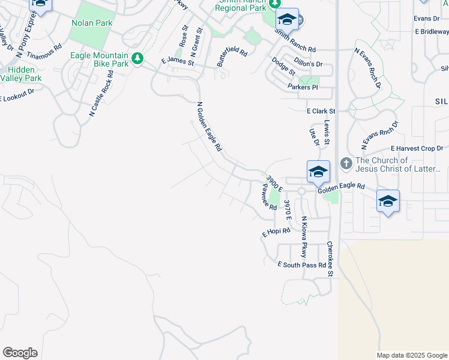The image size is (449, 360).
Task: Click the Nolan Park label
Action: [92, 23]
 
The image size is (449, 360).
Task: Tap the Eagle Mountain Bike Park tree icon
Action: [138, 58]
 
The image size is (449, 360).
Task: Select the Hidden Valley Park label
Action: [22, 74]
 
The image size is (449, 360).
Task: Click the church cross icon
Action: [346, 163]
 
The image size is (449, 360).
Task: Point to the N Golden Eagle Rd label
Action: [209, 126]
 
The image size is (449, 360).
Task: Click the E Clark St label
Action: [321, 111]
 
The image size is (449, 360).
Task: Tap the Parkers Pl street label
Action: [302, 87]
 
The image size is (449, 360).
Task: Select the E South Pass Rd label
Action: [301, 265]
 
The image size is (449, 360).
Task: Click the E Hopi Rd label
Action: [276, 232]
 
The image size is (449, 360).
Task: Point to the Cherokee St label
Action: [330, 259]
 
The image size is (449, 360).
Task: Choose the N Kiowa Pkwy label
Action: [304, 236]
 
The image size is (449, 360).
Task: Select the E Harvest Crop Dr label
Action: [417, 148]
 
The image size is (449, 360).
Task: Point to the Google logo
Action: [20, 353]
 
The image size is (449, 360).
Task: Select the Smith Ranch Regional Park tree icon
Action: [274, 4]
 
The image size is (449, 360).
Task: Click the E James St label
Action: [178, 62]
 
